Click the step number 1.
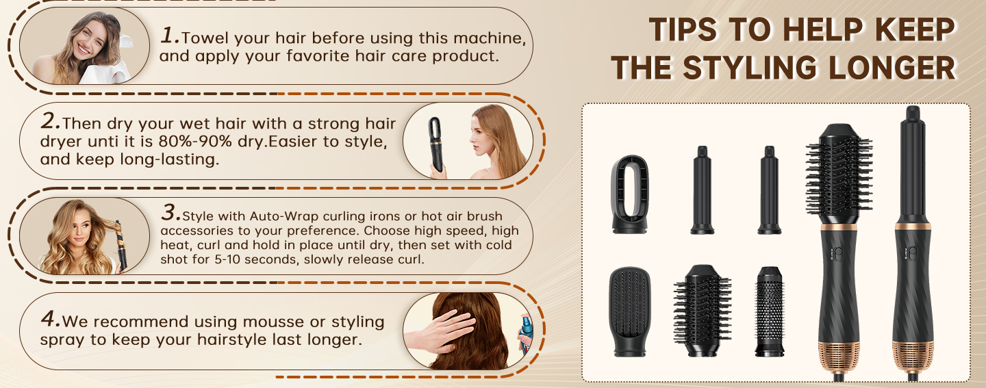[170, 35]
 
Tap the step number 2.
[50, 120]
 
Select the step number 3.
[170, 212]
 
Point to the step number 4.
[50, 318]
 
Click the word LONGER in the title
[892, 68]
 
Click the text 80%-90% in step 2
[195, 142]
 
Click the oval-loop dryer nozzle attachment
[629, 194]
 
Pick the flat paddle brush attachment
[629, 311]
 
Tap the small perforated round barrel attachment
[770, 311]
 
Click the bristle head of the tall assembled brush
[839, 174]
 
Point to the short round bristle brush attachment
[702, 311]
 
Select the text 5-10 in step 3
[225, 259]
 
